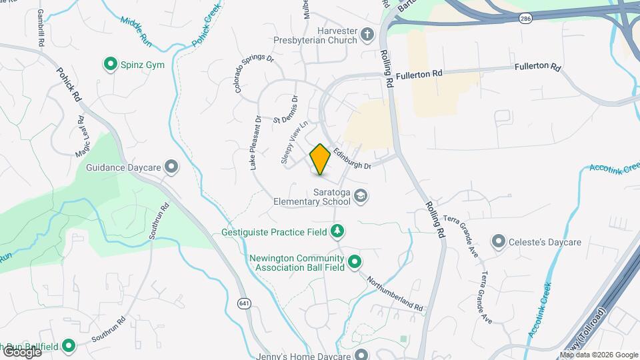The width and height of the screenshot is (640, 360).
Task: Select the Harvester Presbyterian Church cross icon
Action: [367, 34]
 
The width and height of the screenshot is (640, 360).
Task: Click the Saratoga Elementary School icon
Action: [361, 195]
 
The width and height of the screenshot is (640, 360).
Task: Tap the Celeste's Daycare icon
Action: [498, 241]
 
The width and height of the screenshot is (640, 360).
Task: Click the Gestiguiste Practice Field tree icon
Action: [338, 231]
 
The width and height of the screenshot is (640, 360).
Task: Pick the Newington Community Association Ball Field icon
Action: [355, 261]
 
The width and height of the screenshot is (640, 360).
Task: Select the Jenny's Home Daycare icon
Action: [361, 354]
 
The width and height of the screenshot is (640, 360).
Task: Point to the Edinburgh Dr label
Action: [352, 157]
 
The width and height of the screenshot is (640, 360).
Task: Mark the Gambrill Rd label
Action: [41, 27]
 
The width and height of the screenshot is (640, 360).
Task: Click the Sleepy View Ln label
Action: [294, 142]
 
